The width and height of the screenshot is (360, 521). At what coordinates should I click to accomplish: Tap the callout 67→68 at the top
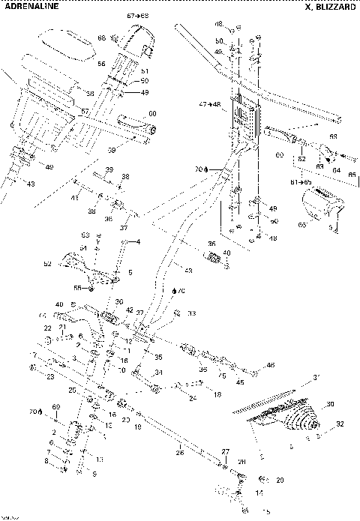tap(136, 16)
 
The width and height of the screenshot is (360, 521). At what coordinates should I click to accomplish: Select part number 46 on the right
tap(270, 365)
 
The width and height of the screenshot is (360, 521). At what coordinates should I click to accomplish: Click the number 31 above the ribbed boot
tap(316, 376)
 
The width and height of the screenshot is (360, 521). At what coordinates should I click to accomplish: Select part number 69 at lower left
tap(54, 406)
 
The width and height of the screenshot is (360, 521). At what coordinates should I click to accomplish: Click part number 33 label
tap(191, 313)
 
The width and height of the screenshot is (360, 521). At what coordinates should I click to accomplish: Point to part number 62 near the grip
tap(301, 158)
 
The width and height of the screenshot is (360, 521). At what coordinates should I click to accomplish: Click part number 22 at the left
tap(46, 328)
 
